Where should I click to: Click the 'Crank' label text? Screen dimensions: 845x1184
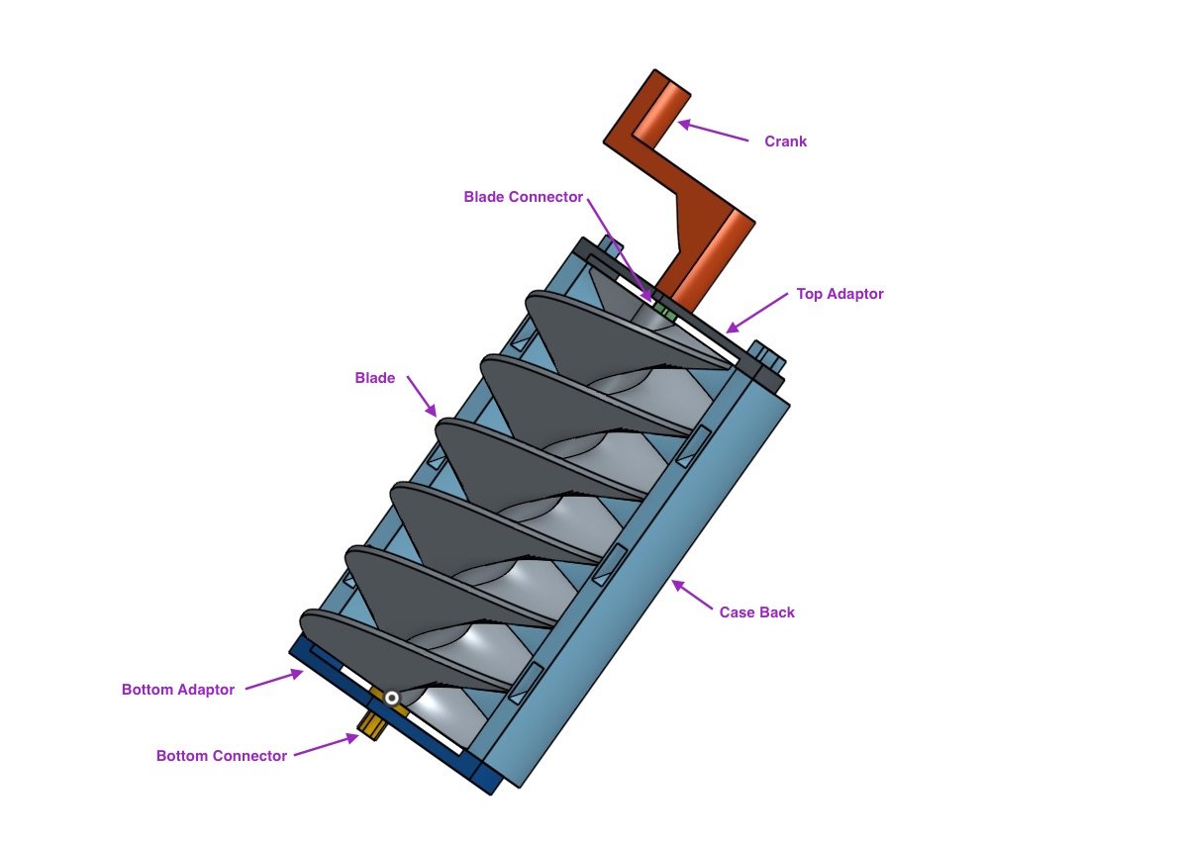(x=785, y=141)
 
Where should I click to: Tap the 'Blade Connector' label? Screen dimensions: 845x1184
(x=523, y=197)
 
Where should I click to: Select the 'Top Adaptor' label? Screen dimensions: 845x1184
(x=839, y=294)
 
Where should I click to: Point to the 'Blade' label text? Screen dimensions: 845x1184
(x=374, y=378)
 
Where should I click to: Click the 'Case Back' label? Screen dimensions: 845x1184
(x=756, y=612)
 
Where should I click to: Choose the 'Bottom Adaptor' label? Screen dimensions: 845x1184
(x=178, y=690)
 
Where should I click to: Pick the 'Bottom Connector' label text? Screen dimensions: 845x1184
(x=222, y=756)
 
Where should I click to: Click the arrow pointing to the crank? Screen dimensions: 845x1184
(x=713, y=132)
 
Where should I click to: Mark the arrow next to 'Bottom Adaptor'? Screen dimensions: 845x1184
(x=273, y=681)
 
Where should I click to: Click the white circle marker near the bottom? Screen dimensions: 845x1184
(x=392, y=699)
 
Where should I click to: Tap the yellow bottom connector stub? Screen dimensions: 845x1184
(x=372, y=725)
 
